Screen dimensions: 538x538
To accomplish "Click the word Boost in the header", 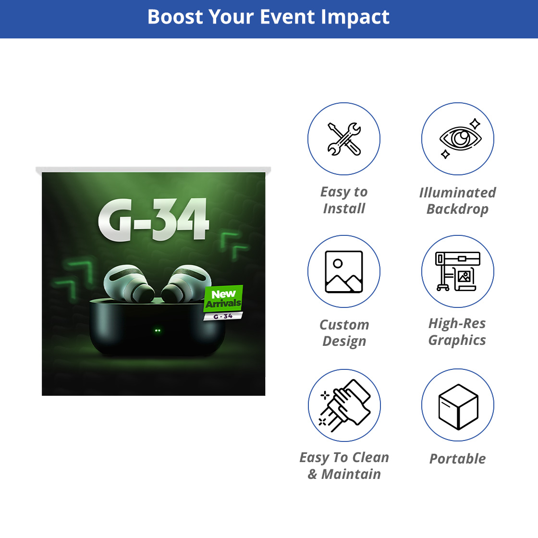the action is pos(175,17).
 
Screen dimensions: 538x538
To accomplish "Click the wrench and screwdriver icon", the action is pos(344,139).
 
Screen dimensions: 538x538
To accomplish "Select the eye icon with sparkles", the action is pos(460,139).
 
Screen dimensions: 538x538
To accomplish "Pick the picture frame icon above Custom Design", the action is pos(344,272).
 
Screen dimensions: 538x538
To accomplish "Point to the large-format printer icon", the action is pos(458,271).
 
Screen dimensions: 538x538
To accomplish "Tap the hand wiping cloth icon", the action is pos(344,405).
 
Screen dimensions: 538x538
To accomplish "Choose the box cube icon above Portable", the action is pos(458,406).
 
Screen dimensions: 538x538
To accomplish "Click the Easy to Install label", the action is pos(344,200).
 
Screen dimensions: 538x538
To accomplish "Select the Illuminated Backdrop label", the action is pos(458,201).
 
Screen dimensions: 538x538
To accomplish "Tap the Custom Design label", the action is pos(344,333).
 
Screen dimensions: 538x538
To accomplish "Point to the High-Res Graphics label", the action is pos(457,332).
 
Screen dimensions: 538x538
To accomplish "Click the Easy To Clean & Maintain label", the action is pos(344,465).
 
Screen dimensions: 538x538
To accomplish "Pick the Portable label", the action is pos(458,459).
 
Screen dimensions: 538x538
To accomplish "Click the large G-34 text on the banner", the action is pos(153,220).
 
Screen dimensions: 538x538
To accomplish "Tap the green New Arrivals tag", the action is pos(223,298).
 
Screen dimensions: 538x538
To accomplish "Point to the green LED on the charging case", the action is pos(158,330).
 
